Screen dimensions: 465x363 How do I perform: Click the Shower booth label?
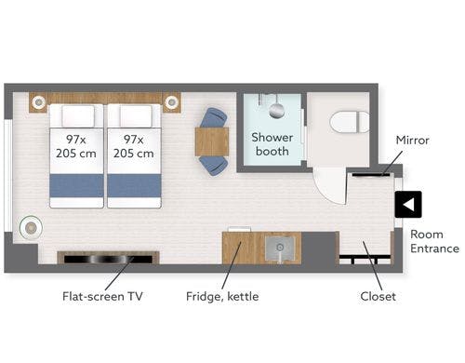click(272, 144)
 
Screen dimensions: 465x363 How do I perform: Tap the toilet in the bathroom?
click(350, 122)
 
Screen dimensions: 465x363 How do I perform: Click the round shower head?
click(276, 111)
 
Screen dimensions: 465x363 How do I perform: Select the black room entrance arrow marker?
click(408, 205)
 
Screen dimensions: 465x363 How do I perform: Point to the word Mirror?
click(412, 141)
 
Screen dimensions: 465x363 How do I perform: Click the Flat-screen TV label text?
click(102, 296)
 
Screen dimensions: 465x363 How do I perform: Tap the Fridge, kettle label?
click(222, 296)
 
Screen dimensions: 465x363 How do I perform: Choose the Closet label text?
click(378, 296)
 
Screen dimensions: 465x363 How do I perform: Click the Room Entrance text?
click(434, 241)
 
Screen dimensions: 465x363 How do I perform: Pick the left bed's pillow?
click(78, 116)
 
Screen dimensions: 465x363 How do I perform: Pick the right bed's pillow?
click(136, 116)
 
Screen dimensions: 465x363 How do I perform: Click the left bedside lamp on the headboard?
click(39, 101)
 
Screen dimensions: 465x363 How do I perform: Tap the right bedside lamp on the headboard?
click(171, 101)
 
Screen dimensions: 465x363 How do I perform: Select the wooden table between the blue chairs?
click(212, 141)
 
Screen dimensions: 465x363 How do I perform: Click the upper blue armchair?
click(213, 117)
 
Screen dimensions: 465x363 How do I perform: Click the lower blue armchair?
click(213, 166)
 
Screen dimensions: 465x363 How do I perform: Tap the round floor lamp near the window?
click(31, 228)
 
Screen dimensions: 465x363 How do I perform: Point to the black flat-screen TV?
click(108, 259)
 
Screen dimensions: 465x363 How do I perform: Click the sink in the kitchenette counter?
click(280, 249)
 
